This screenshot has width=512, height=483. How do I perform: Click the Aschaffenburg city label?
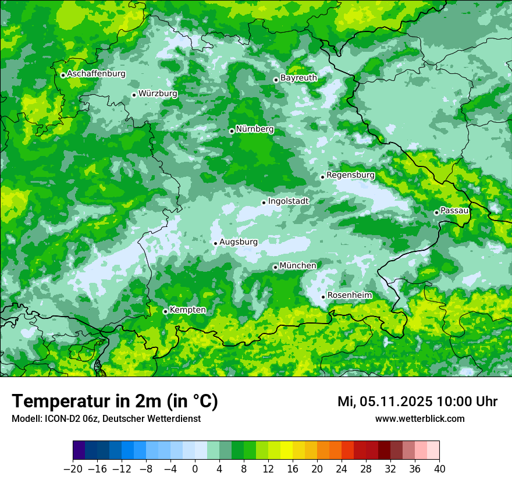pos(96,74)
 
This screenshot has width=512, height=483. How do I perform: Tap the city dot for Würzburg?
pos(134,95)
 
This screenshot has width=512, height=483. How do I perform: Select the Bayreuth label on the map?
pos(298,78)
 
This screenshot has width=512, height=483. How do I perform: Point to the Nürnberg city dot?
pos(232,131)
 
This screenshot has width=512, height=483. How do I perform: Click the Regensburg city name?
pos(350,175)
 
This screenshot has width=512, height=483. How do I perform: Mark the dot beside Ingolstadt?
pos(264,203)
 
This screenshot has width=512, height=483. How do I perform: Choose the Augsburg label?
pos(239,242)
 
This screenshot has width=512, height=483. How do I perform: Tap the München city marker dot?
pos(275,267)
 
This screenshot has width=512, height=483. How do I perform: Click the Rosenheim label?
pos(349,296)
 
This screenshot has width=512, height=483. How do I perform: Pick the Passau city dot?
pos(436,212)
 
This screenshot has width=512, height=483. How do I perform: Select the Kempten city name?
pos(187,310)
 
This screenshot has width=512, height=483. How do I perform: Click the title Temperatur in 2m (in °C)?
pos(115,402)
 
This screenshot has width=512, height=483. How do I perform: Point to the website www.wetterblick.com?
pos(419,419)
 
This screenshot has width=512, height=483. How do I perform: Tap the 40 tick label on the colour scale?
pos(439,469)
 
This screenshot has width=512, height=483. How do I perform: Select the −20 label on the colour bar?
pos(73,469)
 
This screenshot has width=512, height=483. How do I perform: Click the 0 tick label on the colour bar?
pos(195,469)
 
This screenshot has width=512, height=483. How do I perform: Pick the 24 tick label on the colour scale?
pos(342,469)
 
